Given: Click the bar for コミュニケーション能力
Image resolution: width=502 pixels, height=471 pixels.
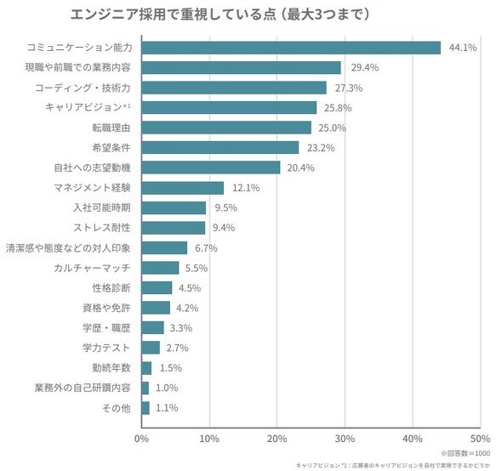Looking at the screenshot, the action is (291, 48).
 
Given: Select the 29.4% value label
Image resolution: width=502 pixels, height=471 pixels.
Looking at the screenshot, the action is (365, 67).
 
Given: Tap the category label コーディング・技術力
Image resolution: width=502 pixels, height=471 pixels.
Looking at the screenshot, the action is (83, 88).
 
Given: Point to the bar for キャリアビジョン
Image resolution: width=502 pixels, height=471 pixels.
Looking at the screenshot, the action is (229, 107).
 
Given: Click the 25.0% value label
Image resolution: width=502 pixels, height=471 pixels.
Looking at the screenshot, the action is (332, 128).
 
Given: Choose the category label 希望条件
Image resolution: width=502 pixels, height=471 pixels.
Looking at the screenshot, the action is (111, 148).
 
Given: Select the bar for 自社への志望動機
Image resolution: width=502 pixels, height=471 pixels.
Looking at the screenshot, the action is (211, 167).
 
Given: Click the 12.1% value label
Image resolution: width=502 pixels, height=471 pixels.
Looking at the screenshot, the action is (246, 188).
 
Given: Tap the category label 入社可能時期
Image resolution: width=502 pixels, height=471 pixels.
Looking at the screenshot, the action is (102, 207).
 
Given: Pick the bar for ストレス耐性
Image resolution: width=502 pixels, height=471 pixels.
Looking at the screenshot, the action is (174, 228).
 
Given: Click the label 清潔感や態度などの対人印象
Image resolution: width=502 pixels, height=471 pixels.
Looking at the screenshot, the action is (68, 248).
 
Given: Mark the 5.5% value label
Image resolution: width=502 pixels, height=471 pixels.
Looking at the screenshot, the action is (197, 268).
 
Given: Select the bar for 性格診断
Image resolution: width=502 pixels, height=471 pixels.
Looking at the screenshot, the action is (157, 287).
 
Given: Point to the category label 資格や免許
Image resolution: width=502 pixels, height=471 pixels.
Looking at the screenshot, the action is (107, 308).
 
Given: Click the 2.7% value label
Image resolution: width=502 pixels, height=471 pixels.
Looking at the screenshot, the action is (177, 348).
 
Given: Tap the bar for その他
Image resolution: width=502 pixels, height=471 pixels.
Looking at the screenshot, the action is (145, 408).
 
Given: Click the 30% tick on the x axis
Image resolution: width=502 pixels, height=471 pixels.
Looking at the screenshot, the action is (345, 439).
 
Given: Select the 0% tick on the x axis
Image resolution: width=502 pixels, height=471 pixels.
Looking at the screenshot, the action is (141, 439).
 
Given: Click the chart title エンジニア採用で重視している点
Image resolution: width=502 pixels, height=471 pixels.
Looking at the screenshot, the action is (174, 14).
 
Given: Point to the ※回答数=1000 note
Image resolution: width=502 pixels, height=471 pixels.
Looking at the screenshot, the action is (465, 453).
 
